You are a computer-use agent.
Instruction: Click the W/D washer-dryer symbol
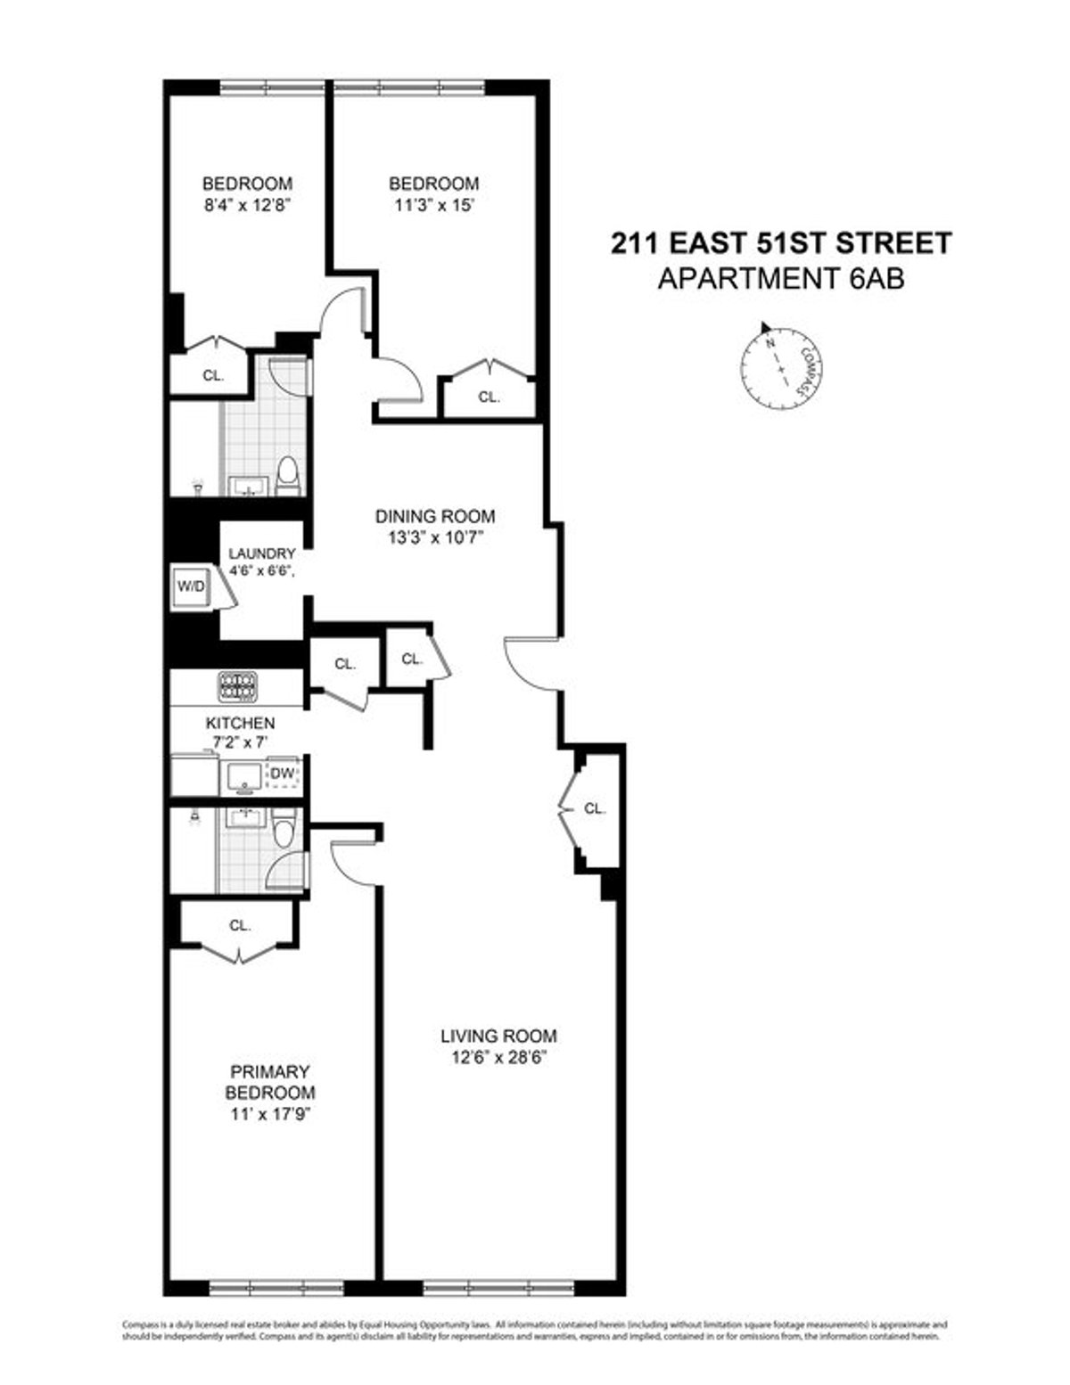pos(191,587)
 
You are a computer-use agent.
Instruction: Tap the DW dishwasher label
pos(282,774)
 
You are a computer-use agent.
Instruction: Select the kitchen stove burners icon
pos(237,686)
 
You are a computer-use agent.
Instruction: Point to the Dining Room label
pos(434,516)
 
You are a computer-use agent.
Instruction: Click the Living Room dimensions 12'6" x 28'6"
pos(498,1058)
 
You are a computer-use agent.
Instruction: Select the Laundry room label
pos(261,553)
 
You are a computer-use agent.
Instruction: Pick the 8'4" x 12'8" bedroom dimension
pos(248,203)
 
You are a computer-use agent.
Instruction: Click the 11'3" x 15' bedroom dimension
pos(433,203)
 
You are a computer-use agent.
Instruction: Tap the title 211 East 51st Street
pos(780,243)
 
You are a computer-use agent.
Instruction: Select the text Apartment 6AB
pos(780,279)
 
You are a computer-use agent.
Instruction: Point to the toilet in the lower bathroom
pos(284,832)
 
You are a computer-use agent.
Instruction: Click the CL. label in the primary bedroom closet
pos(239,925)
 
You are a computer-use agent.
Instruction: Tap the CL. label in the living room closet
pos(595,809)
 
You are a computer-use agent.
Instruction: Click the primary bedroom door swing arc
pos(350,864)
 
